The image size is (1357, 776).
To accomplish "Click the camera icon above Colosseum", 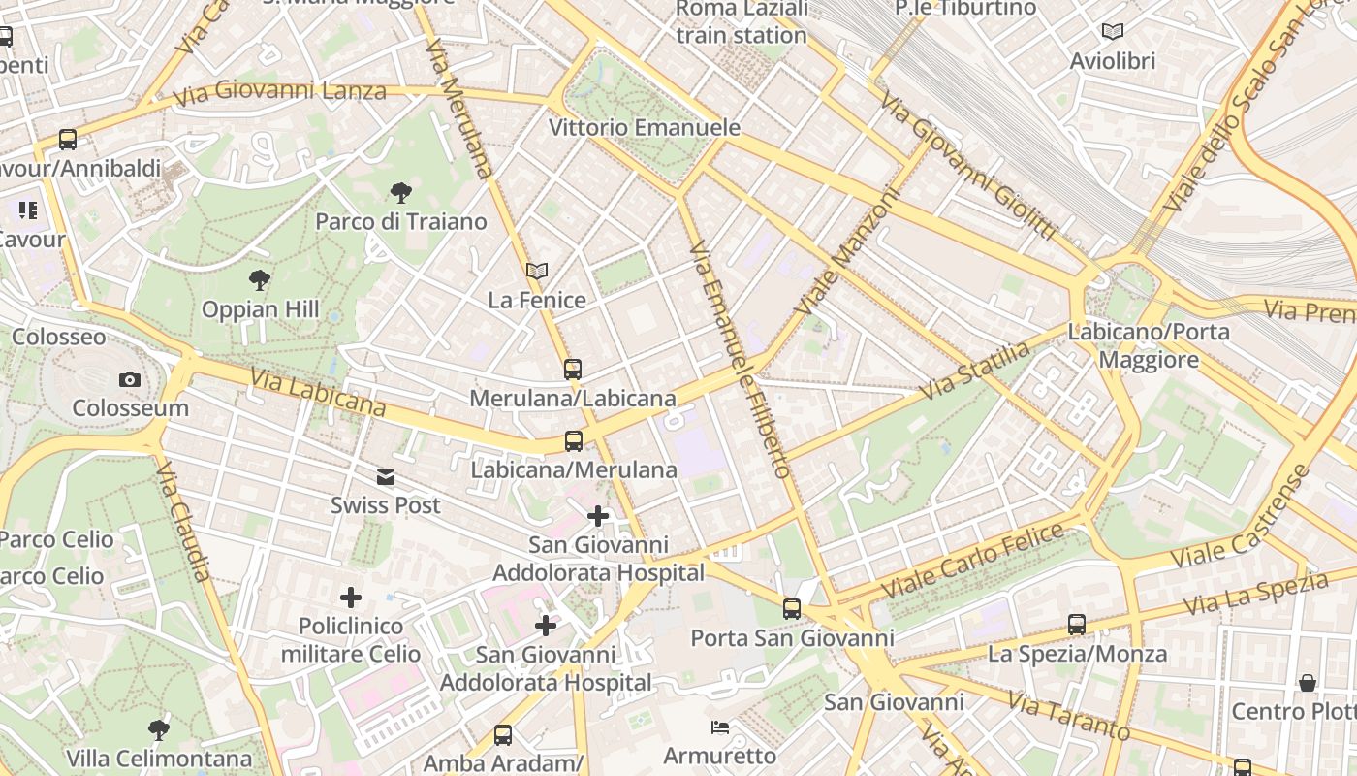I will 129,379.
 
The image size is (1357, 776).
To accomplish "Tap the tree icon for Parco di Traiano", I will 400,193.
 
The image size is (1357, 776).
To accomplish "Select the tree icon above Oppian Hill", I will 259,281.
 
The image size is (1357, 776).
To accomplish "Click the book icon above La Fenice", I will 536,272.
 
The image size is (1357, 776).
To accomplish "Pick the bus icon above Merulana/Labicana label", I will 573,370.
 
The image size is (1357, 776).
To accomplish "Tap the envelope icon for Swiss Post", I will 386,477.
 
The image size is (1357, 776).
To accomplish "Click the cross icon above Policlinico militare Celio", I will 351,598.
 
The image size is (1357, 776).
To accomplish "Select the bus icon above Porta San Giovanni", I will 792,609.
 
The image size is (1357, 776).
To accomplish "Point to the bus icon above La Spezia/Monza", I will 1077,625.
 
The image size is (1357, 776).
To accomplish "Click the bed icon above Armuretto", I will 719,727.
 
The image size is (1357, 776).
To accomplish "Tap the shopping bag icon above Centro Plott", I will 1308,683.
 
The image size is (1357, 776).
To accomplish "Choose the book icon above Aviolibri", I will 1113,32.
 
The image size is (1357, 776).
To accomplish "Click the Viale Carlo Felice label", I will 972,562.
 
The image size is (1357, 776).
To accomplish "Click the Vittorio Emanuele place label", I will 645,128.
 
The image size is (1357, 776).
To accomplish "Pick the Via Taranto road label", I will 1068,716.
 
